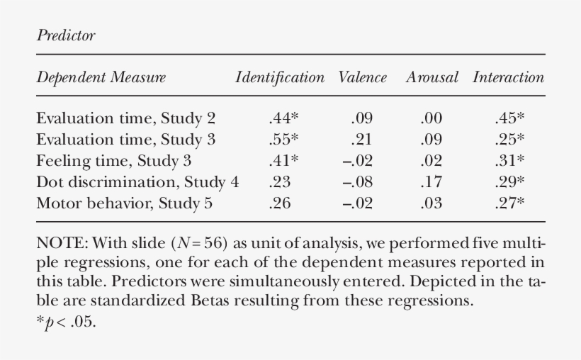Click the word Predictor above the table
[65, 36]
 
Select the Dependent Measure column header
[101, 77]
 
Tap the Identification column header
[280, 77]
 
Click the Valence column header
[363, 77]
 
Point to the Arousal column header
[431, 77]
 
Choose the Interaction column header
[508, 77]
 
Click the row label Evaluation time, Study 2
[125, 118]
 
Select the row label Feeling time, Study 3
[113, 161]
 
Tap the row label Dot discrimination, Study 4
[137, 182]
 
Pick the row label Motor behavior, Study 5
[124, 203]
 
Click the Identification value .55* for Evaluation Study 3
[283, 140]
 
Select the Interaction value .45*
[509, 118]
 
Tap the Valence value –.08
[358, 182]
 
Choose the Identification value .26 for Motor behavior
[281, 203]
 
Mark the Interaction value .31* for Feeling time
[509, 161]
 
